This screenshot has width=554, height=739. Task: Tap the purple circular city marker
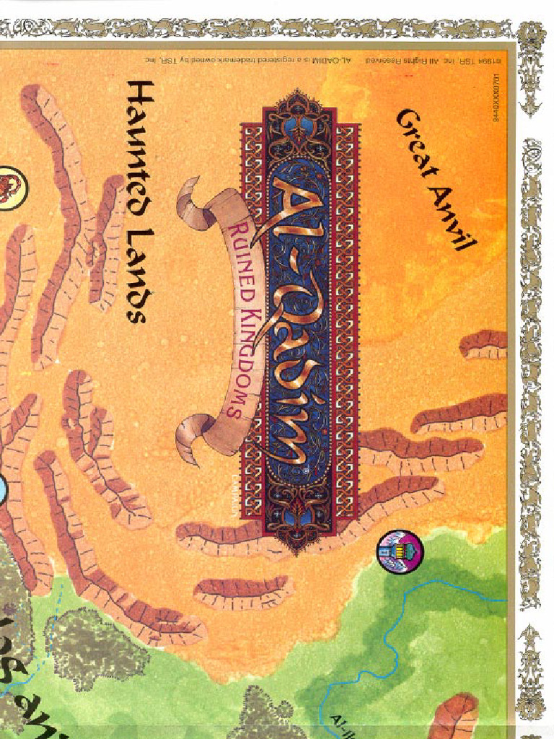point(400,551)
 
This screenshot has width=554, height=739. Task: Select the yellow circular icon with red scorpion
point(9,188)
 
